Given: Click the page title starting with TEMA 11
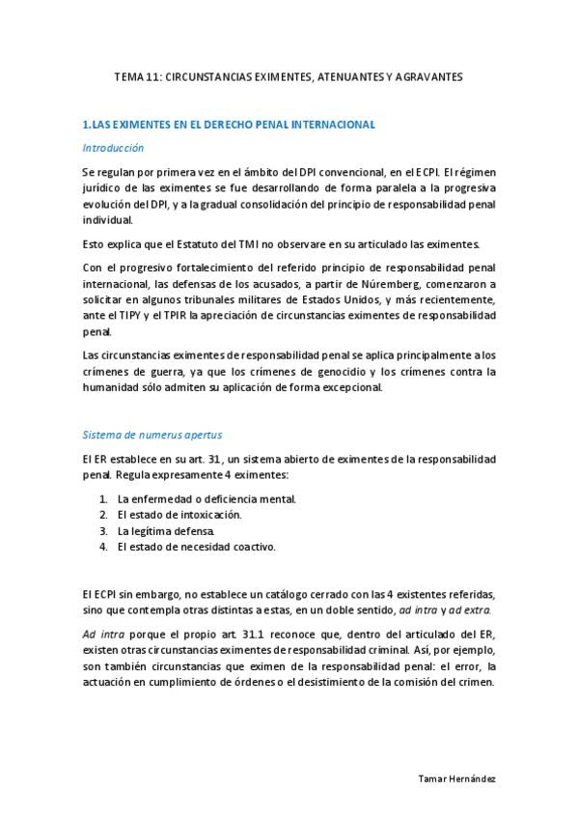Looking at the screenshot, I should pyautogui.click(x=289, y=75).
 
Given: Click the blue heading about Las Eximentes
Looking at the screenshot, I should pyautogui.click(x=229, y=125).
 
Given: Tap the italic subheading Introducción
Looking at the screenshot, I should pyautogui.click(x=113, y=148).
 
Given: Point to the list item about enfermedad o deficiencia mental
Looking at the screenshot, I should pyautogui.click(x=206, y=499).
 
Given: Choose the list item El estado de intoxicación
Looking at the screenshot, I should pyautogui.click(x=179, y=515).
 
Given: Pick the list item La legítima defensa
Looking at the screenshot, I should pyautogui.click(x=166, y=531).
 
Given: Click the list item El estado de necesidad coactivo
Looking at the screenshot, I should pyautogui.click(x=197, y=547).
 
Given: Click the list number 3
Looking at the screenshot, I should pyautogui.click(x=102, y=531).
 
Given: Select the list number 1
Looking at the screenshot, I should pyautogui.click(x=102, y=499).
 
